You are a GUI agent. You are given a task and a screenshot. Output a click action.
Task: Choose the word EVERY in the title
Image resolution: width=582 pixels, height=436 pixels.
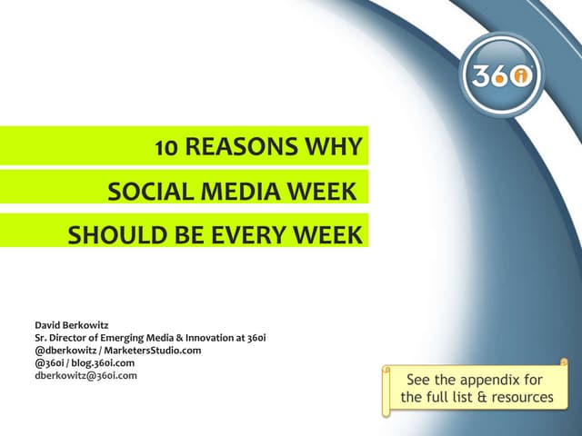247,235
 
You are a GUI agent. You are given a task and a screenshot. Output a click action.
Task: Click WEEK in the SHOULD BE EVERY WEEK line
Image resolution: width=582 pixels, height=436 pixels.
326,235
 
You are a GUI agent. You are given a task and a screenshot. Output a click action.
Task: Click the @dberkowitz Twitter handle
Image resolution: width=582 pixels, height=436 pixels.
65,350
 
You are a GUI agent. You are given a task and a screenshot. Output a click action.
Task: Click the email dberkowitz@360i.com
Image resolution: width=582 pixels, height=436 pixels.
85,374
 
